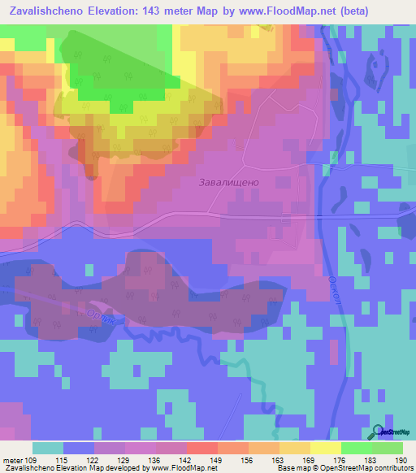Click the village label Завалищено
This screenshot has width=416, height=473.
[229, 183]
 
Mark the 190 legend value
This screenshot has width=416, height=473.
[396, 460]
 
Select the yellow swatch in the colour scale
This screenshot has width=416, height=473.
[325, 448]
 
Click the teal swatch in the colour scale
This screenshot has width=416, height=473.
[48, 448]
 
